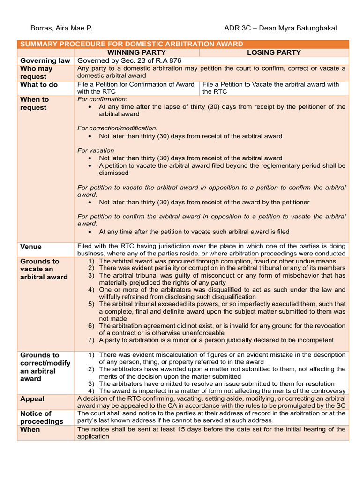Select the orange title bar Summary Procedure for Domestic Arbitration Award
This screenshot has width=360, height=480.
(x=130, y=44)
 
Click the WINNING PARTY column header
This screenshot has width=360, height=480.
(x=136, y=52)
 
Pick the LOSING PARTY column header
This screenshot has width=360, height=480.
(x=274, y=52)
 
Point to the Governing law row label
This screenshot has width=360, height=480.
(x=45, y=60)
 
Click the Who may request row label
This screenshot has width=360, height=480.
(x=37, y=73)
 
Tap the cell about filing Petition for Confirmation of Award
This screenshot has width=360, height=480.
(x=135, y=88)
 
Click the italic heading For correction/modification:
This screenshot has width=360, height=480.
(x=118, y=128)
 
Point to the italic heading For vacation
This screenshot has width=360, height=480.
(x=96, y=150)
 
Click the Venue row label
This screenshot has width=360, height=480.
(x=31, y=247)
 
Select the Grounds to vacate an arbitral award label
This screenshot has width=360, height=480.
(x=44, y=269)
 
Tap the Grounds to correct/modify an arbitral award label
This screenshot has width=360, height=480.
(x=45, y=367)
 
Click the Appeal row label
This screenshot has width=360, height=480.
(x=32, y=399)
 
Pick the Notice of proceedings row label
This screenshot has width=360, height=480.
(x=41, y=417)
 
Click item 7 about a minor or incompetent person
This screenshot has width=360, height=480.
(x=216, y=340)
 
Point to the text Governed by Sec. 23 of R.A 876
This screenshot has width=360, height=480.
(x=129, y=60)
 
